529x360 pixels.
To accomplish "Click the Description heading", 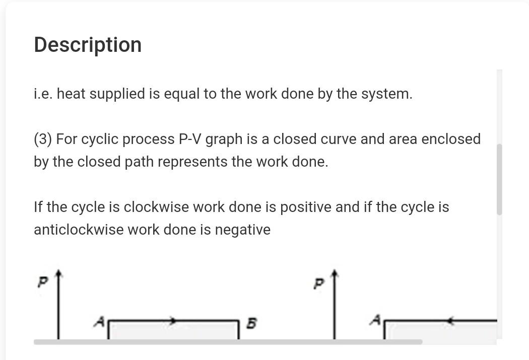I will click(88, 45).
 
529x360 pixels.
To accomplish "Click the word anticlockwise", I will click(78, 230).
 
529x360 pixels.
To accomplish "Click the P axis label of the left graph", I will click(42, 283).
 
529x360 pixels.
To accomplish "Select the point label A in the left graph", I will click(100, 321).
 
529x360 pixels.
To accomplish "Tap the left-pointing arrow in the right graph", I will click(450, 320).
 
